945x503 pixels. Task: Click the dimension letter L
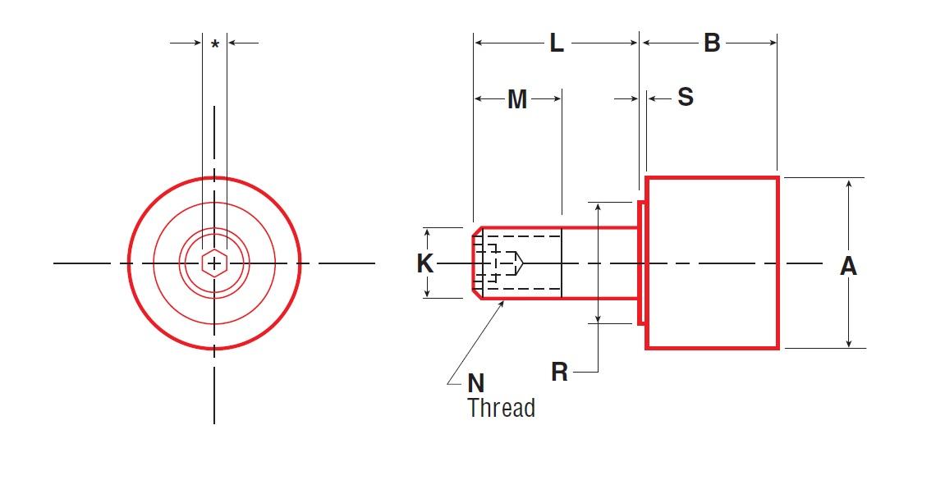click(557, 43)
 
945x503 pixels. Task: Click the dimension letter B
click(711, 43)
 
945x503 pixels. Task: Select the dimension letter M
click(516, 99)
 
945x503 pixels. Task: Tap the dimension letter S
click(685, 98)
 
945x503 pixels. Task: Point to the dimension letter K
click(424, 263)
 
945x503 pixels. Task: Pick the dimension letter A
click(848, 266)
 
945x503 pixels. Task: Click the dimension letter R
click(559, 373)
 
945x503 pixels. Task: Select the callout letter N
click(475, 383)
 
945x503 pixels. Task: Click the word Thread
click(501, 408)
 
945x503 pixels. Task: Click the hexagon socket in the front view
click(214, 263)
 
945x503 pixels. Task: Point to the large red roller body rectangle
click(712, 263)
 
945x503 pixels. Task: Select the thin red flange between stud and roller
click(641, 263)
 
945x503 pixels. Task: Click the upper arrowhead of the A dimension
click(848, 183)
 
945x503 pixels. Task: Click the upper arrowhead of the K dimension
click(427, 232)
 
